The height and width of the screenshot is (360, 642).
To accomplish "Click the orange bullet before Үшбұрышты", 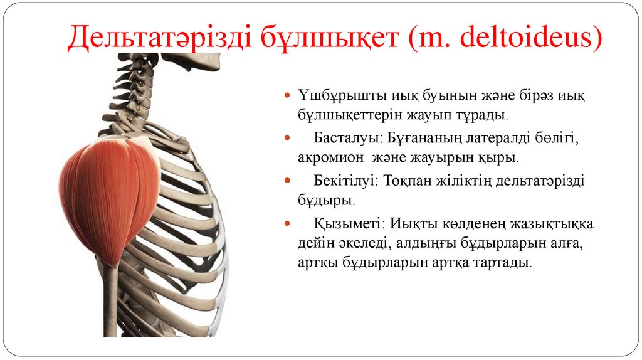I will (x=286, y=96).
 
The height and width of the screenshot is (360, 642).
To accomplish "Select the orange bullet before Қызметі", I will (x=286, y=223).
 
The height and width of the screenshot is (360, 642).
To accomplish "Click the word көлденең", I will (x=483, y=223).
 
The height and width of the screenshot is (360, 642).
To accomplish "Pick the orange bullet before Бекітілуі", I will (x=286, y=181).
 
